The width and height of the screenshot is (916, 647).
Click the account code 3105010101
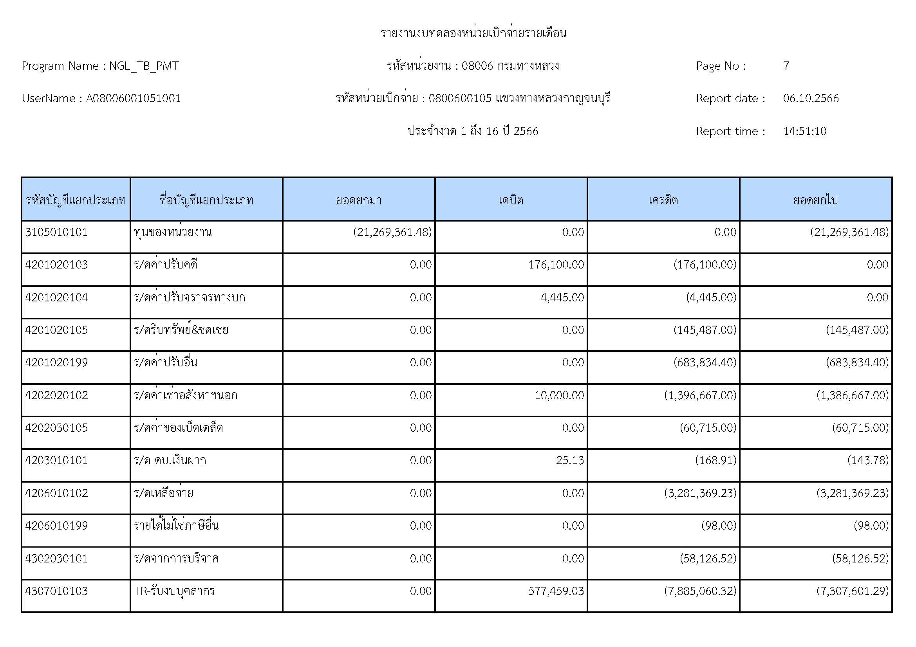click(56, 232)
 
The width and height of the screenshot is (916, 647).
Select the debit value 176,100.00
click(556, 265)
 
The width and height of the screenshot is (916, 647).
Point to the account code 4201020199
click(56, 362)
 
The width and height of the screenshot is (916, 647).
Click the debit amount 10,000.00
click(559, 395)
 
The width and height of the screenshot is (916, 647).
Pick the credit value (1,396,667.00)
click(700, 395)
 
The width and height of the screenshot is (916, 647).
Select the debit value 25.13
click(570, 460)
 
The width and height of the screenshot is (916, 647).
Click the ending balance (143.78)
click(868, 460)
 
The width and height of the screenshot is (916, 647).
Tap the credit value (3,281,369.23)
click(700, 493)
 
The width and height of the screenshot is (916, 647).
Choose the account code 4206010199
click(56, 526)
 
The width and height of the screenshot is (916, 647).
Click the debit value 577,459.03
click(556, 591)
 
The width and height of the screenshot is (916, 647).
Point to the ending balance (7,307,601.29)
click(852, 591)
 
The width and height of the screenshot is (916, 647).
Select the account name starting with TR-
click(174, 591)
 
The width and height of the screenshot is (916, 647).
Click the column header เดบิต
click(511, 200)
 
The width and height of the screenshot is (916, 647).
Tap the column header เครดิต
click(663, 200)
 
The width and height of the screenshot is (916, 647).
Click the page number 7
click(786, 66)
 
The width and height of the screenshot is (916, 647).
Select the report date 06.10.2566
click(811, 99)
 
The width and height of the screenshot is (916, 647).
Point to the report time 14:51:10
click(804, 131)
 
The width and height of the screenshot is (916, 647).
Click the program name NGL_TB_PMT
click(144, 66)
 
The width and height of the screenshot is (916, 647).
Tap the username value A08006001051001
click(133, 99)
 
